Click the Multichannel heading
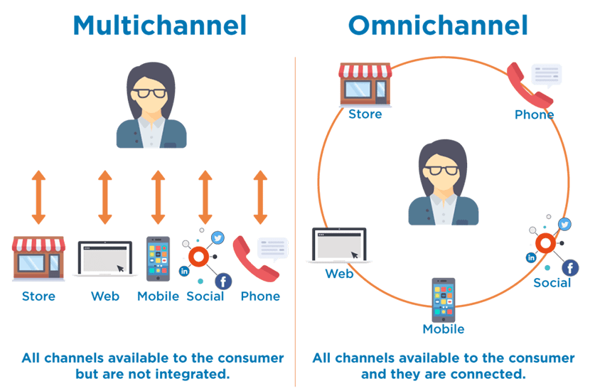pyautogui.click(x=159, y=26)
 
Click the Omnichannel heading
pyautogui.click(x=438, y=26)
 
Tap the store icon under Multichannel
pyautogui.click(x=38, y=258)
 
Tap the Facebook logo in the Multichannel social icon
pyautogui.click(x=222, y=281)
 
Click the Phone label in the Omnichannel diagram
pyautogui.click(x=534, y=114)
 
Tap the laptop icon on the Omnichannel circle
pyautogui.click(x=339, y=245)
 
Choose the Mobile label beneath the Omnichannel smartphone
pyautogui.click(x=443, y=329)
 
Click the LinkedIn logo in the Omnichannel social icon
pyautogui.click(x=531, y=257)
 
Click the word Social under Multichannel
pyautogui.click(x=205, y=296)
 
